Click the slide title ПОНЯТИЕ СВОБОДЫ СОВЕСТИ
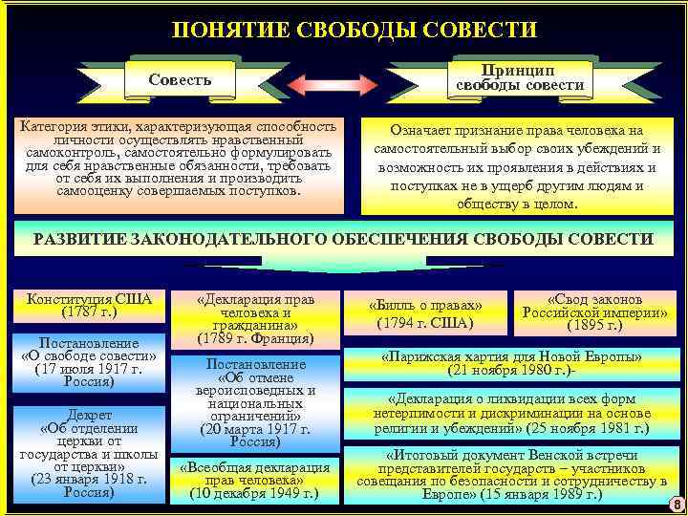(354, 30)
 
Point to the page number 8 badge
(676, 504)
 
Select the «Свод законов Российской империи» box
(593, 312)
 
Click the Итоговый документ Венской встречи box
(511, 475)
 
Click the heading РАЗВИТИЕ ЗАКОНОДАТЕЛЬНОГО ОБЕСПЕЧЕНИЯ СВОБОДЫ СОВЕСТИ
(343, 239)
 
